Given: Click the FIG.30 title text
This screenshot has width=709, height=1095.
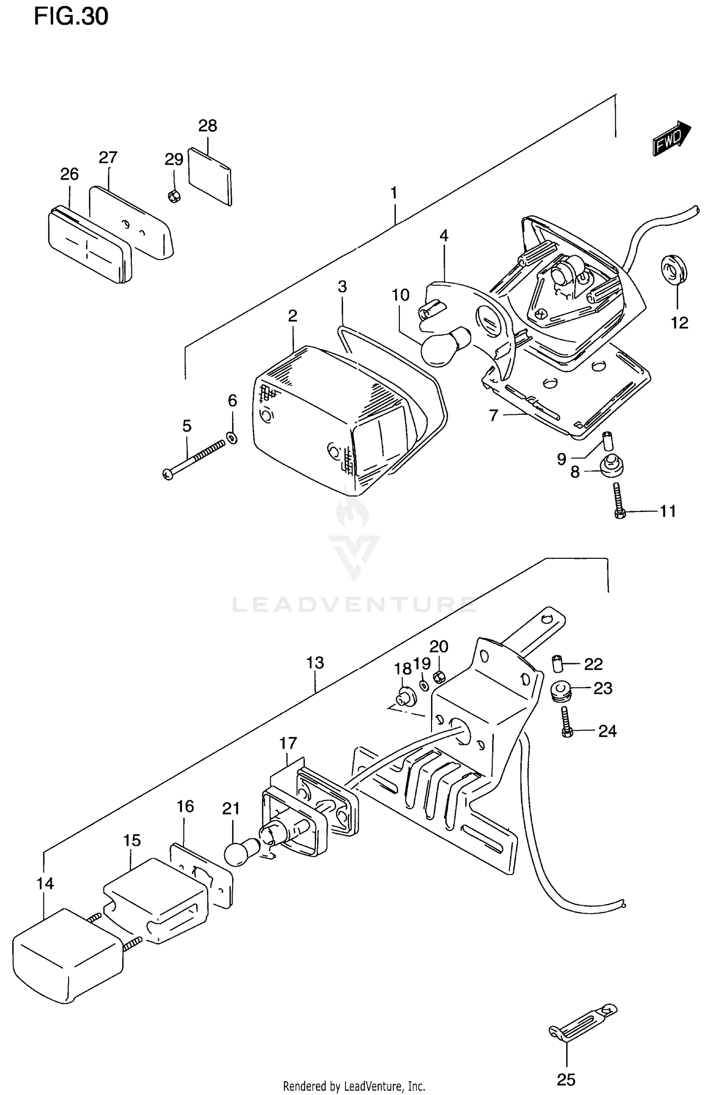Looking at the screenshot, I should (71, 17).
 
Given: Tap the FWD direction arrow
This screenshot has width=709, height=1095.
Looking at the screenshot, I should (672, 138).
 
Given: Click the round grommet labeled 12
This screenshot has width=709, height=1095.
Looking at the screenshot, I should (674, 271).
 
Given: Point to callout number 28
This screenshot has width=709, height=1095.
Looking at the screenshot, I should (208, 126).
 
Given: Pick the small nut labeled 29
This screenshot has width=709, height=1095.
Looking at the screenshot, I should (174, 196).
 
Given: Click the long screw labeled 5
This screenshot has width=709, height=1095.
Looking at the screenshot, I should (194, 458).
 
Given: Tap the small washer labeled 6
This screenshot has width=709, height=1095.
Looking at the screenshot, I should (232, 437).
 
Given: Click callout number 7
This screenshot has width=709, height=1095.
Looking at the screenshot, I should (493, 415).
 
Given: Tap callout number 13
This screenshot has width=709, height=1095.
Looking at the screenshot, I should (315, 662).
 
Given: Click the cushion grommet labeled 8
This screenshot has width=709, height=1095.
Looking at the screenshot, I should (612, 467).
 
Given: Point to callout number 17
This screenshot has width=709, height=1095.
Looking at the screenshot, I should (287, 743).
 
